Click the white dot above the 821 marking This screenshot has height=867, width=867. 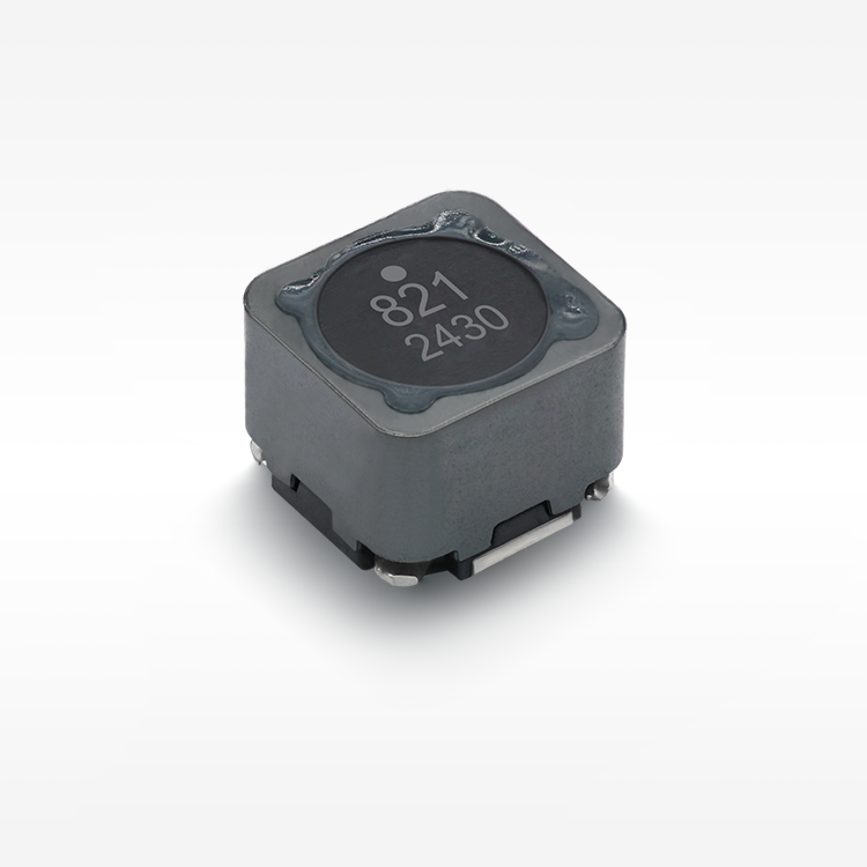394,271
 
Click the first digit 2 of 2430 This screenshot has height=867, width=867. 418,349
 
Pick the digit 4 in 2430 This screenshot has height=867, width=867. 443,338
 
